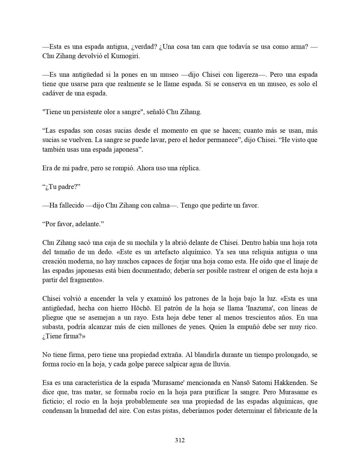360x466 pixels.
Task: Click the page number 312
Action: point(180,440)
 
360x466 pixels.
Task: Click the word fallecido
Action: point(67,206)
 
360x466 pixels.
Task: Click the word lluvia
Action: point(222,364)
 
